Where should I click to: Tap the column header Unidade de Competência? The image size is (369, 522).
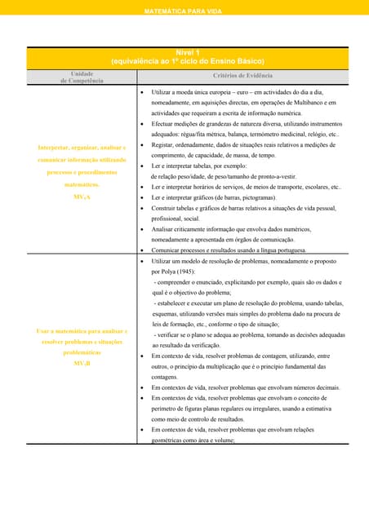[82, 77]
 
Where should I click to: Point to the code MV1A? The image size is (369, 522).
[82, 197]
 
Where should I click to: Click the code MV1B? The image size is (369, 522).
[82, 363]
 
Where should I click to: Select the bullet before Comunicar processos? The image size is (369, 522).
[143, 250]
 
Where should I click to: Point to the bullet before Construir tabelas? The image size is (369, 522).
[143, 208]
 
